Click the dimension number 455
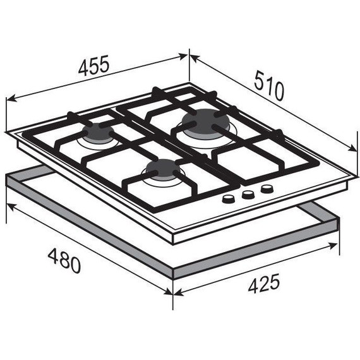click(x=93, y=65)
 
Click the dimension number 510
click(x=269, y=85)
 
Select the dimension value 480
click(x=64, y=261)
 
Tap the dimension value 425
click(x=264, y=284)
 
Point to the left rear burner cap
click(x=98, y=133)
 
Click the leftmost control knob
click(x=228, y=199)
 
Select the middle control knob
click(x=248, y=195)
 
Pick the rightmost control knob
click(x=267, y=189)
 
